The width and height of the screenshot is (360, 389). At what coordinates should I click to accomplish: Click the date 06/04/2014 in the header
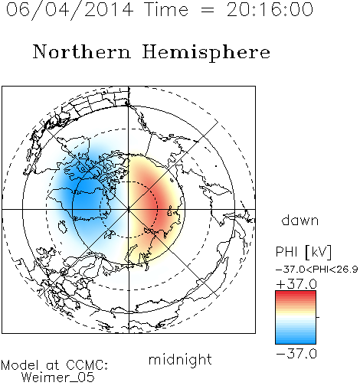tap(70, 9)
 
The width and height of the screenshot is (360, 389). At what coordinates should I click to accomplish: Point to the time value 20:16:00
tap(270, 9)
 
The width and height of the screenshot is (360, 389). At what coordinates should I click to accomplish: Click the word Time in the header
tap(166, 9)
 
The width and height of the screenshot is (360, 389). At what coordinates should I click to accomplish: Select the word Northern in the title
tap(82, 52)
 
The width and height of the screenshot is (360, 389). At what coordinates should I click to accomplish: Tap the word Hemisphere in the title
tap(206, 53)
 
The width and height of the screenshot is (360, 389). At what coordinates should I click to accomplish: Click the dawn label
tap(300, 220)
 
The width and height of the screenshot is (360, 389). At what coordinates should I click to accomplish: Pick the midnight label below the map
tap(180, 359)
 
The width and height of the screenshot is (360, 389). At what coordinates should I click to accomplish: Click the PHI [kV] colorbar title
tap(303, 252)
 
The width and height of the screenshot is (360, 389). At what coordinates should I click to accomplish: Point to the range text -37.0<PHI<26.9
tap(317, 270)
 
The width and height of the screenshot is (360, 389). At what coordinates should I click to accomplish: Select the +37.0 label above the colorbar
tap(296, 284)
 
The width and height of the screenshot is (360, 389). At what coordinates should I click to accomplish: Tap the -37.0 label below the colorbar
tap(296, 354)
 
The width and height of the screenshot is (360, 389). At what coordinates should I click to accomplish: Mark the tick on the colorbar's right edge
tap(318, 317)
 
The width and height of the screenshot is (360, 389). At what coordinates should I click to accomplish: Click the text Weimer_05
tap(58, 378)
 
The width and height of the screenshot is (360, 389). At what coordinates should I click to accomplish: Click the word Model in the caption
tap(20, 365)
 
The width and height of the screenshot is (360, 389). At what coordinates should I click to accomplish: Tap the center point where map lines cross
tap(129, 209)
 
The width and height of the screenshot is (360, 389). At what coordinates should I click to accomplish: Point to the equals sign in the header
tap(207, 11)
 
